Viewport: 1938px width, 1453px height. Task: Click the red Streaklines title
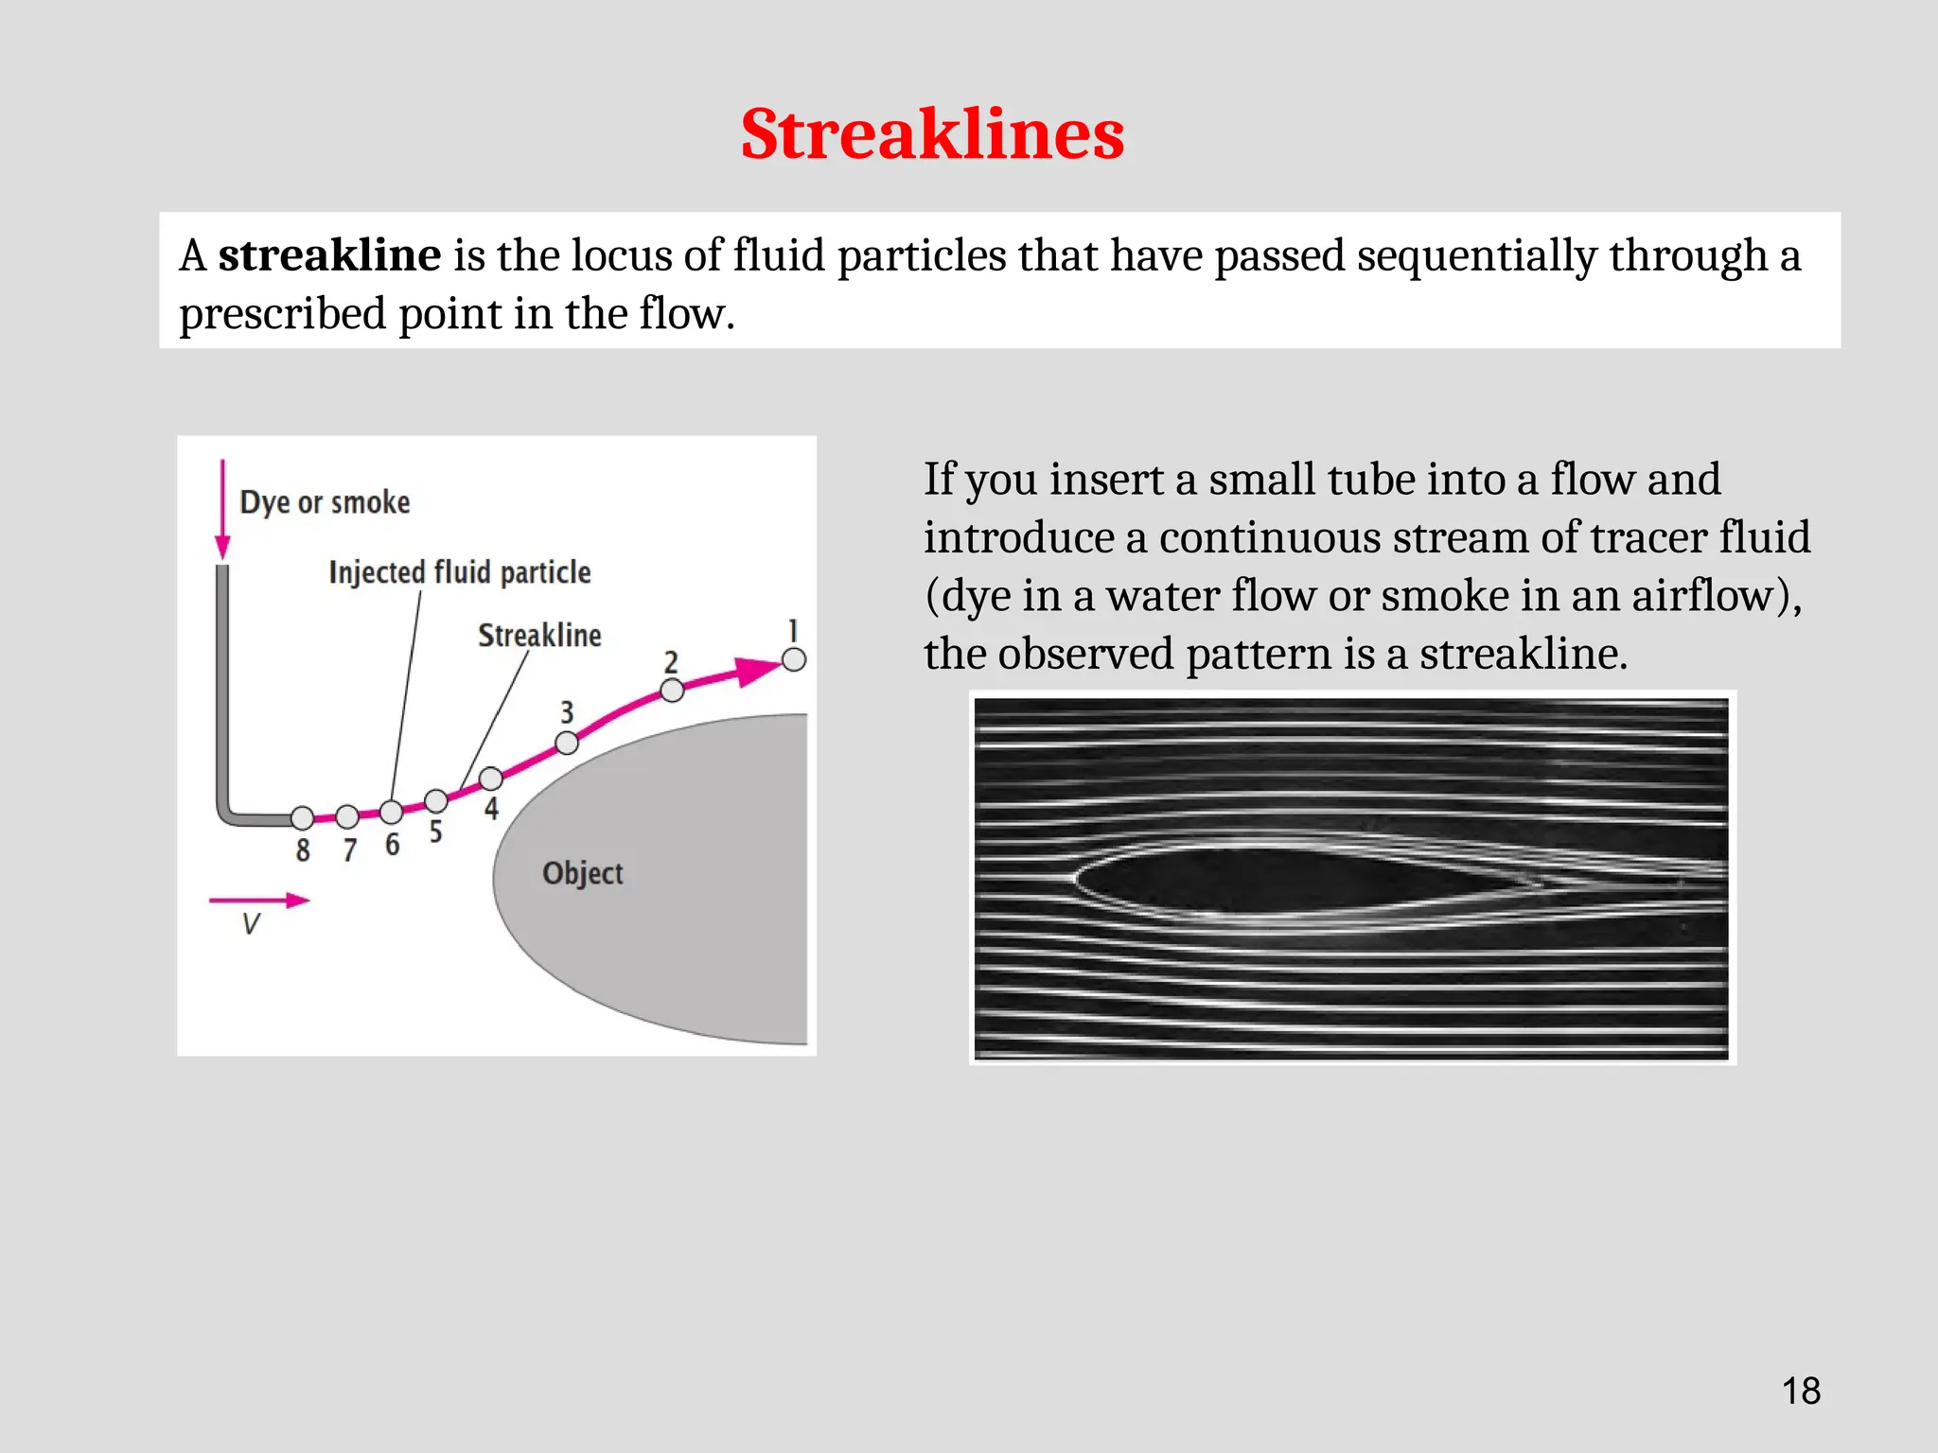932,134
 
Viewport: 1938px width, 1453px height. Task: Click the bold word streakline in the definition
329,255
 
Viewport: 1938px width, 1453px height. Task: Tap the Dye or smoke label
325,502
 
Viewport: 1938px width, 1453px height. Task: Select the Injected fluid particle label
460,572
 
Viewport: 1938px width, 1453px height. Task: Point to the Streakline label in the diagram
539,636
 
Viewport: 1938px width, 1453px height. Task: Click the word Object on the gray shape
582,873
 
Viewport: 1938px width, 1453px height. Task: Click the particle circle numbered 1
794,659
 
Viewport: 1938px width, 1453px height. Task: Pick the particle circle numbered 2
672,691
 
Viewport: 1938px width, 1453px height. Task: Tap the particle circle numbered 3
567,743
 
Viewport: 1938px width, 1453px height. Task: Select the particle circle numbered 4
490,779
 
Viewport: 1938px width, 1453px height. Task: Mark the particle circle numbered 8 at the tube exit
302,817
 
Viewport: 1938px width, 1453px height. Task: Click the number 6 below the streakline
392,845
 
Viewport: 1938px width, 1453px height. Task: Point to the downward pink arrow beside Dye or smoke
222,511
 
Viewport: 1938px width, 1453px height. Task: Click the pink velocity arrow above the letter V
259,901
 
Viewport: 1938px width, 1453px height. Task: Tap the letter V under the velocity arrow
251,924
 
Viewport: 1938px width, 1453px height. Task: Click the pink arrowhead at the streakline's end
759,671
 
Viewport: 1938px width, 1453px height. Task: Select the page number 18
1801,1392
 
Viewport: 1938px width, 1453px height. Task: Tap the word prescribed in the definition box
282,314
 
